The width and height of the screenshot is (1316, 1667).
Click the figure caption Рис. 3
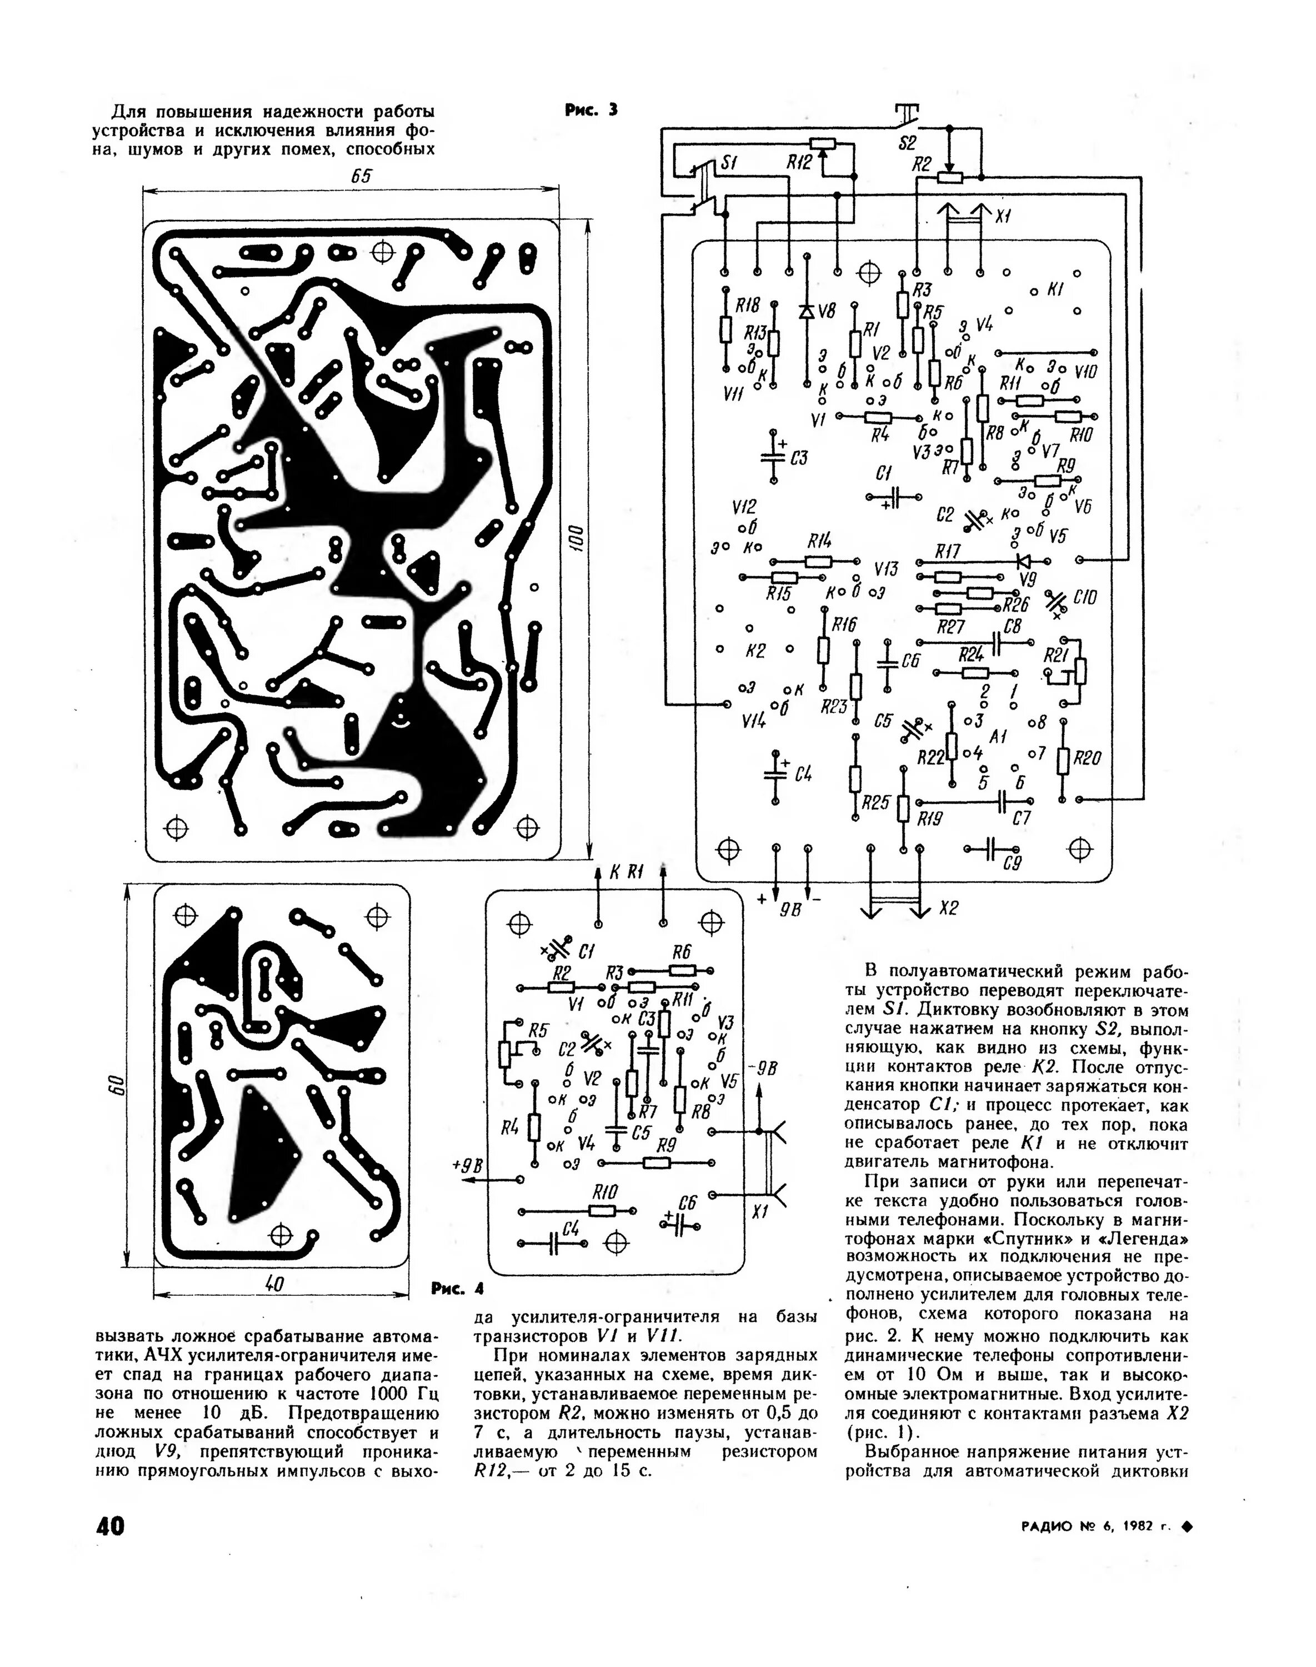click(591, 110)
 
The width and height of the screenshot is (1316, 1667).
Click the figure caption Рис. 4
click(458, 1289)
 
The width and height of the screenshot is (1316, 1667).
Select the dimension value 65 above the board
click(361, 177)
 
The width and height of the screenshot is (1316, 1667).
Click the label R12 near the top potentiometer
click(799, 163)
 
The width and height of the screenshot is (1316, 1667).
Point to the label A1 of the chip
click(999, 737)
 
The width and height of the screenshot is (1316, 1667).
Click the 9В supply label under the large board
click(790, 910)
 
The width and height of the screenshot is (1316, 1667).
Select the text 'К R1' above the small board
click(626, 872)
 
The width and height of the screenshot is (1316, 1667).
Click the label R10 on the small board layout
click(605, 1191)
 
